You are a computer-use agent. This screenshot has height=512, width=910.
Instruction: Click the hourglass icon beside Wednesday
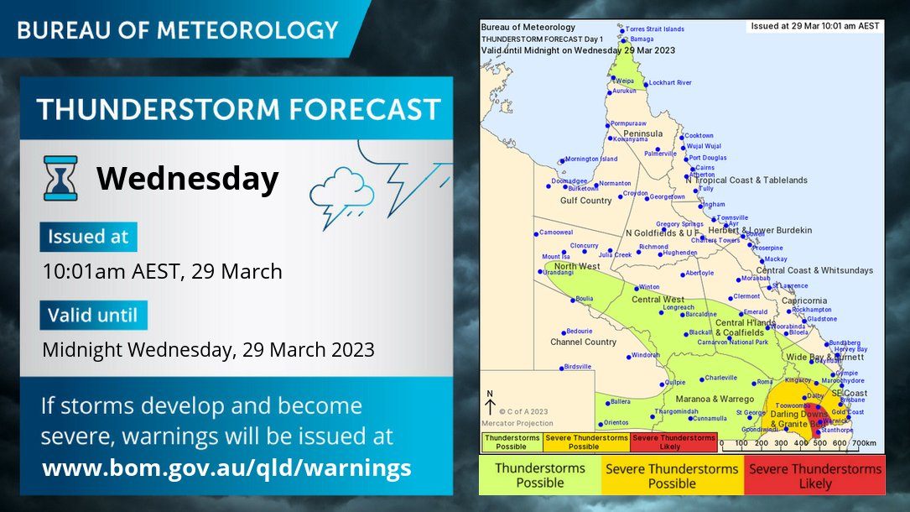tap(60, 178)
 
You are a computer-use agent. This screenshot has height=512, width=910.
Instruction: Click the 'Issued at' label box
tap(88, 237)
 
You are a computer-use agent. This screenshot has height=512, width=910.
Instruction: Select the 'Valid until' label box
tap(93, 316)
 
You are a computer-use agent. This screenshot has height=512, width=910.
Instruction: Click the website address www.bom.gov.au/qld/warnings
tap(226, 467)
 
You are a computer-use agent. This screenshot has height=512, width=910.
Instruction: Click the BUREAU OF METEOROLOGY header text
tap(178, 30)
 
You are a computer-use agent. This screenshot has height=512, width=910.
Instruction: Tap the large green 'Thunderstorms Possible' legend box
tap(540, 475)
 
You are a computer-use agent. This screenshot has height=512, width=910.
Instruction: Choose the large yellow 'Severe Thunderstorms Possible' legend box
tap(672, 475)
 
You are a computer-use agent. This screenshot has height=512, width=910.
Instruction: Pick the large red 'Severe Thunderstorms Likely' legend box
tap(815, 475)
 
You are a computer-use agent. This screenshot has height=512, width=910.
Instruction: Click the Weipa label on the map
tap(625, 81)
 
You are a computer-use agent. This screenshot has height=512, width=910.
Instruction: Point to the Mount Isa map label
tap(555, 257)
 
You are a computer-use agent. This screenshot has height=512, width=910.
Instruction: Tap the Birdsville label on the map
tap(578, 367)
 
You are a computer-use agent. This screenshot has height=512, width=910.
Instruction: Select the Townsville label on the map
tap(732, 217)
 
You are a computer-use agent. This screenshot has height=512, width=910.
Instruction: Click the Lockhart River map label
tap(670, 82)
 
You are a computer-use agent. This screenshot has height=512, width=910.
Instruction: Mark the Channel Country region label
tap(583, 342)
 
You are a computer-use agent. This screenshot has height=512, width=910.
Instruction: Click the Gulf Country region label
tap(586, 201)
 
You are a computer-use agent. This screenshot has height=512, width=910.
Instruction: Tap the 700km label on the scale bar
tap(862, 442)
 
